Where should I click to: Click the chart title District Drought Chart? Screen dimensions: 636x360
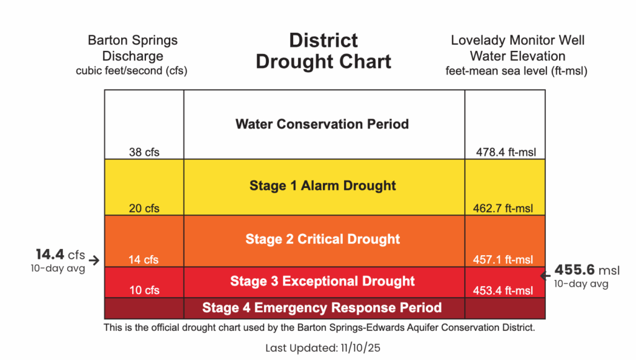pyautogui.click(x=323, y=51)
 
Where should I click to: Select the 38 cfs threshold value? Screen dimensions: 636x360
pyautogui.click(x=144, y=152)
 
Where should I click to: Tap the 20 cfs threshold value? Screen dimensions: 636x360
pyautogui.click(x=144, y=209)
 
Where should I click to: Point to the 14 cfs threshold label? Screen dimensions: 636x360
pyautogui.click(x=143, y=260)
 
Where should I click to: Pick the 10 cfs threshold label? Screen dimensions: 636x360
pyautogui.click(x=144, y=290)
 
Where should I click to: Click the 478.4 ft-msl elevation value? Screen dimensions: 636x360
pyautogui.click(x=506, y=152)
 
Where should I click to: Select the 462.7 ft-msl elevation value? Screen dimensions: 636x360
pyautogui.click(x=503, y=209)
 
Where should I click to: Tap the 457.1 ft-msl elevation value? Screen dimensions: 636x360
pyautogui.click(x=503, y=260)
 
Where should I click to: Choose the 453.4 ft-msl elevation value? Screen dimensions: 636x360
pyautogui.click(x=503, y=290)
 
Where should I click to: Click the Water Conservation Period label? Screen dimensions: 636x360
pyautogui.click(x=322, y=124)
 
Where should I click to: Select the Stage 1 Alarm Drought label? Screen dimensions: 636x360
pyautogui.click(x=322, y=186)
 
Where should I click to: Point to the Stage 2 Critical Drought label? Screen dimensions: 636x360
pyautogui.click(x=322, y=239)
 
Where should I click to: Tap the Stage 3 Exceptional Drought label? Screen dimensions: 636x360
pyautogui.click(x=322, y=281)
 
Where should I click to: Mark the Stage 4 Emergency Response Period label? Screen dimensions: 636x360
pyautogui.click(x=322, y=308)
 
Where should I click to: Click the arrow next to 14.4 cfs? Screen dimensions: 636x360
pyautogui.click(x=94, y=260)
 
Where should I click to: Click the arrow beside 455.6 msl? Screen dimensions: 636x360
pyautogui.click(x=545, y=276)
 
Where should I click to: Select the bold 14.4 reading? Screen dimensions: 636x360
pyautogui.click(x=50, y=254)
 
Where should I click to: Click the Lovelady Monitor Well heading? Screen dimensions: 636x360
pyautogui.click(x=517, y=40)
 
